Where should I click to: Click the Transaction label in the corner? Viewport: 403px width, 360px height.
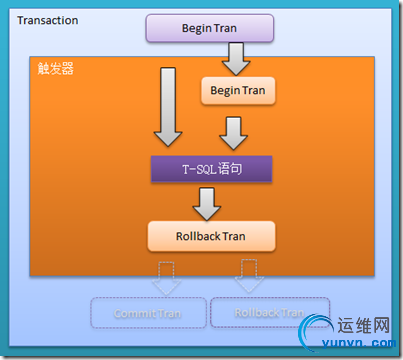[48, 20]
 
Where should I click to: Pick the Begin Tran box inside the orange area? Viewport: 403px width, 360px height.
[237, 92]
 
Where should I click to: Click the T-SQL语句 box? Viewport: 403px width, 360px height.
[211, 167]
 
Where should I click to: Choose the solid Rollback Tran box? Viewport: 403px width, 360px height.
[210, 236]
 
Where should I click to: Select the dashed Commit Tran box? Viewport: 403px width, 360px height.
[149, 312]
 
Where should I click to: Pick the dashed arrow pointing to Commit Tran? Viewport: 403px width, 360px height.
[165, 278]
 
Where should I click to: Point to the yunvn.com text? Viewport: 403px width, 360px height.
[360, 345]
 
